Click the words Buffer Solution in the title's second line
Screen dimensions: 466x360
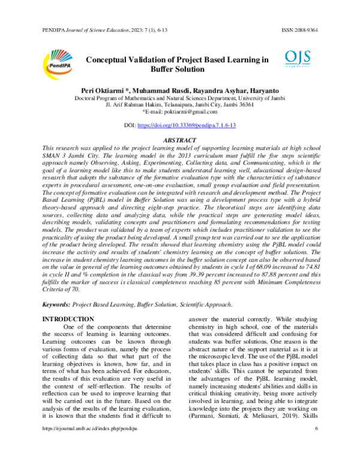(178, 70)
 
